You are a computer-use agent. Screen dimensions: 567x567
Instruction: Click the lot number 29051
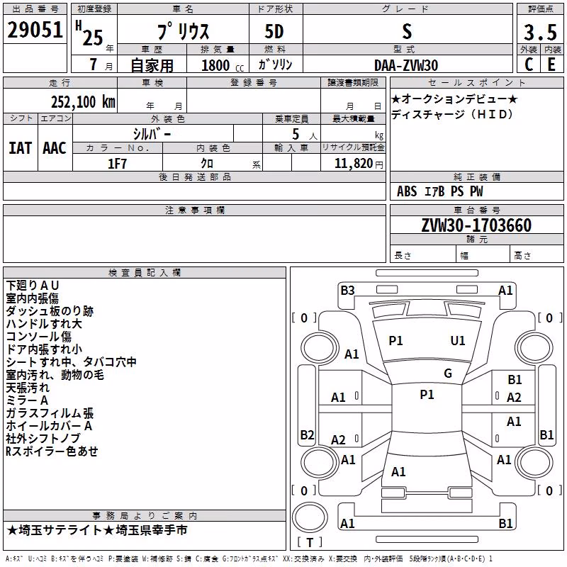tap(35, 30)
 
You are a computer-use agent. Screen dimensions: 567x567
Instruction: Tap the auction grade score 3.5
tap(540, 32)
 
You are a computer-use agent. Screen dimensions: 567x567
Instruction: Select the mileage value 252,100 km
tap(83, 102)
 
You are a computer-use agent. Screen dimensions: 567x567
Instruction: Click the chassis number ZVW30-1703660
tap(476, 225)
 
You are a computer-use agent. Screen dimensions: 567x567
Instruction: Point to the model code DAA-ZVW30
tap(406, 65)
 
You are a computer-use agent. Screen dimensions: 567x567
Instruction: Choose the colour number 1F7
tap(117, 164)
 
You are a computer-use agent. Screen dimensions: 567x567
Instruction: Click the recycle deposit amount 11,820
tap(353, 164)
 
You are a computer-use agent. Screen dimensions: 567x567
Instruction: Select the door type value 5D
tap(274, 32)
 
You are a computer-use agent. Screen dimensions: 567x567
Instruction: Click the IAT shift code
tap(20, 148)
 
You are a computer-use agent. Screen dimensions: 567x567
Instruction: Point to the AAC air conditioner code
tap(55, 148)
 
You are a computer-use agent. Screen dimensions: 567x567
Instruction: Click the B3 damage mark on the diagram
tap(347, 291)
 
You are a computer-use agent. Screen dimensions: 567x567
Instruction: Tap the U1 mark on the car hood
tap(457, 341)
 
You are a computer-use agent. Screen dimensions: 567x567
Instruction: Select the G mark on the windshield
tap(448, 374)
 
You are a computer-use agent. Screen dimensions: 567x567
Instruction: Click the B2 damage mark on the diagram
tap(307, 434)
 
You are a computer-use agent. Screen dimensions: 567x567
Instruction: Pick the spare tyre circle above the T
tap(310, 517)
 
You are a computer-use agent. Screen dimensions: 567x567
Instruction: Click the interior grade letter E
tap(551, 64)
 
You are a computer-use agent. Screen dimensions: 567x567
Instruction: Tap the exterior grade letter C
tap(529, 64)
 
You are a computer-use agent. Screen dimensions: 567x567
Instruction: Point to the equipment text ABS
tap(407, 191)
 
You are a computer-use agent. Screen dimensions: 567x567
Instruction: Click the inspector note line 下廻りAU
tap(33, 286)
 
